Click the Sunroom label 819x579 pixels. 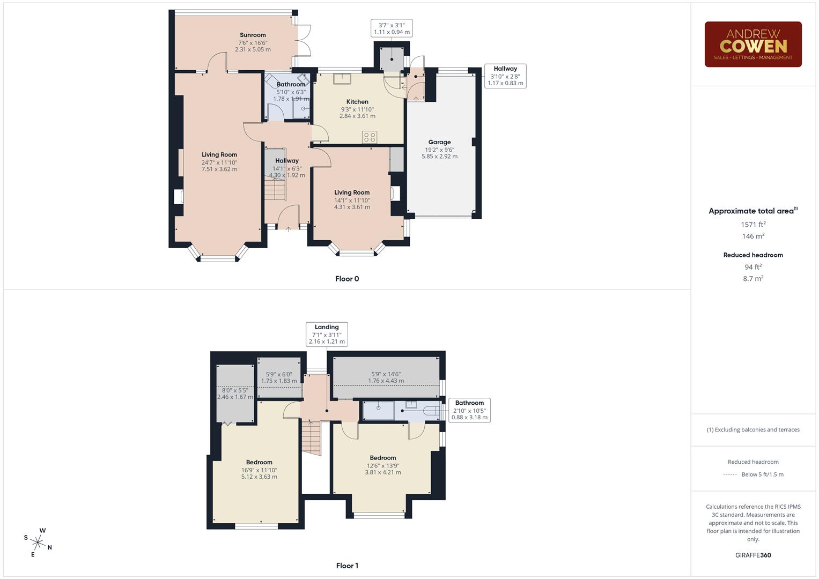coord(253,35)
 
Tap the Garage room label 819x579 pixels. coord(439,142)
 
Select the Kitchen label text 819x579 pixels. coord(357,101)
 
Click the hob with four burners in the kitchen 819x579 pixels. coord(370,137)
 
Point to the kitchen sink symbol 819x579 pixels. coord(341,79)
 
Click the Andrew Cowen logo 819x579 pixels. coord(753,44)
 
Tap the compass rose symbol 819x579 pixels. coord(39,541)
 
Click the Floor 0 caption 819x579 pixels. coord(347,279)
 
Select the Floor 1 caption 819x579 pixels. coord(347,566)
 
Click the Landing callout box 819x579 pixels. coord(327,334)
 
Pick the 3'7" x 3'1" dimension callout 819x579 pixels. coord(392,28)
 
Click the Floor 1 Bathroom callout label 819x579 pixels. coord(469,410)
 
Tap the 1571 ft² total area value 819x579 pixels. coord(753,225)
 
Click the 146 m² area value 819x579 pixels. coord(753,236)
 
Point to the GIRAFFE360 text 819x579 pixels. coord(753,555)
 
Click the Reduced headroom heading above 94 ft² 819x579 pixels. coord(753,255)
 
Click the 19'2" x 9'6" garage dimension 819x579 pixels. coord(439,150)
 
